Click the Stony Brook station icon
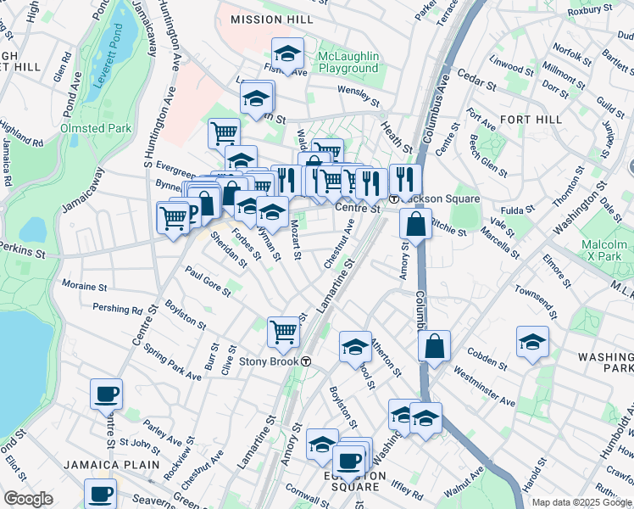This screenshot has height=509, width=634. [307, 361]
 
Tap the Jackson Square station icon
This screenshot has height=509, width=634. [394, 199]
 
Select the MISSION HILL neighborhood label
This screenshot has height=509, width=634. [266, 20]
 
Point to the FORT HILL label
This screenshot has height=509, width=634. [531, 120]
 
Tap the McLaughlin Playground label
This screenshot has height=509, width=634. [348, 62]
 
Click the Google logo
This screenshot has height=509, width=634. [28, 499]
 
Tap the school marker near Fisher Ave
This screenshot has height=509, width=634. [287, 53]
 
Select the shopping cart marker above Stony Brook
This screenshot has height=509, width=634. [283, 331]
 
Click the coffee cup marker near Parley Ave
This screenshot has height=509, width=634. [106, 393]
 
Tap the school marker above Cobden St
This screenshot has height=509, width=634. [532, 342]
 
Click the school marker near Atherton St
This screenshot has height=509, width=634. [355, 345]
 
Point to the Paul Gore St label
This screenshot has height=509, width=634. [208, 282]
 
